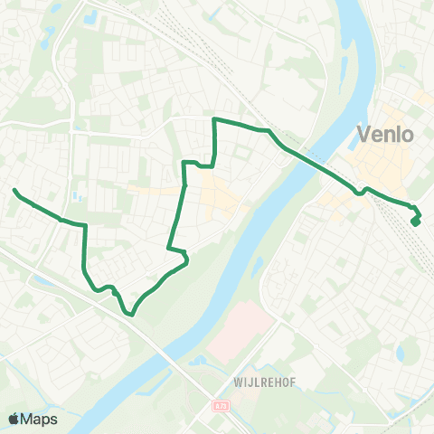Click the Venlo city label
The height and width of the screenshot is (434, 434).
[x=385, y=136]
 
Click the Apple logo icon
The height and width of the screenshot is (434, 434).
[x=14, y=419]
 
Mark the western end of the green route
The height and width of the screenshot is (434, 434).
[x=14, y=191]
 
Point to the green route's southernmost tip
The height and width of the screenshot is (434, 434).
[x=131, y=315]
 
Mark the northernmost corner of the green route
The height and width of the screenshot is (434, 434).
[x=214, y=119]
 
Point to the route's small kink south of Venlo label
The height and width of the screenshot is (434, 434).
[x=363, y=191]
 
